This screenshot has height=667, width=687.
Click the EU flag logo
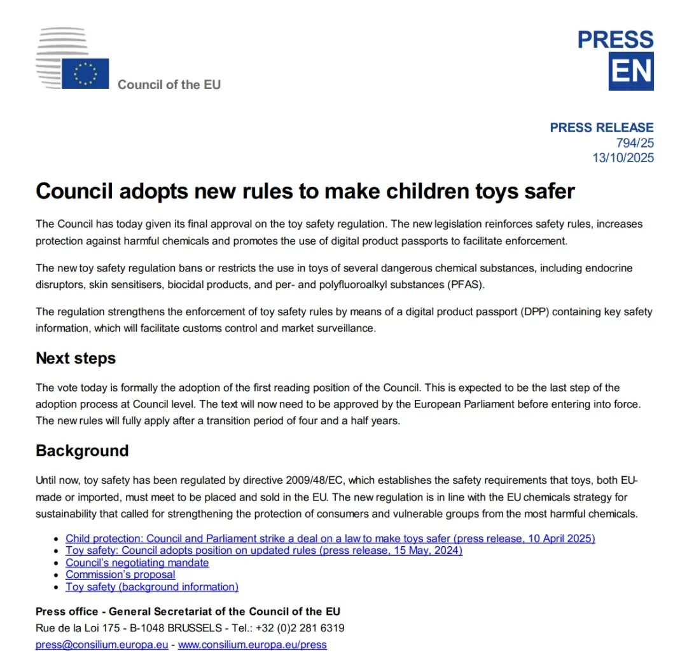point(85,73)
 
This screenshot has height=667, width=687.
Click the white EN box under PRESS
point(631,72)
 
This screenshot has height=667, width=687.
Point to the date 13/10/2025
point(623,158)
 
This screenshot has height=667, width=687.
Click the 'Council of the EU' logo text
point(169,84)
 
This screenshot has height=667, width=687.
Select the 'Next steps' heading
point(76,358)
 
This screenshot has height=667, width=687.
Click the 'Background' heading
point(82,451)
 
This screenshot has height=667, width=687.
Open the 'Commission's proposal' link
point(120,575)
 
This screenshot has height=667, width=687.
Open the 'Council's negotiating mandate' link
point(137,563)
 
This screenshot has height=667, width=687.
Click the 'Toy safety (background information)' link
point(152,587)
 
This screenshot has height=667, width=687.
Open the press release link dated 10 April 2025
point(330,539)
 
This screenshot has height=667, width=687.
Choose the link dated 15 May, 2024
point(264,551)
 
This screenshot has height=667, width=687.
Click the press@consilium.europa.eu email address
point(102,645)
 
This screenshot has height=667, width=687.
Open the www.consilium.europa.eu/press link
point(253,645)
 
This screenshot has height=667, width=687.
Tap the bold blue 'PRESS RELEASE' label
point(601,128)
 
